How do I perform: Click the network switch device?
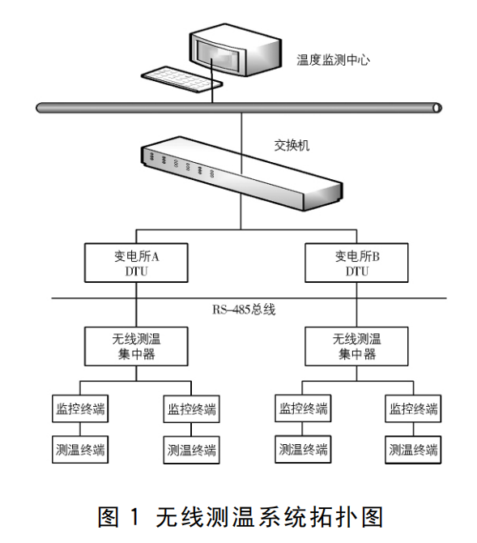pyautogui.click(x=240, y=170)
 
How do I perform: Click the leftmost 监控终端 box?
pyautogui.click(x=79, y=408)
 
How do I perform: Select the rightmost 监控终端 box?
pyautogui.click(x=413, y=408)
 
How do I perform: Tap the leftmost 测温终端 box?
pyautogui.click(x=79, y=448)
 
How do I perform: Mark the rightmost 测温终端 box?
pyautogui.click(x=413, y=448)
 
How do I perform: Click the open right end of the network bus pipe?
pyautogui.click(x=437, y=107)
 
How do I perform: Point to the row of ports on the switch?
pyautogui.click(x=186, y=162)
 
